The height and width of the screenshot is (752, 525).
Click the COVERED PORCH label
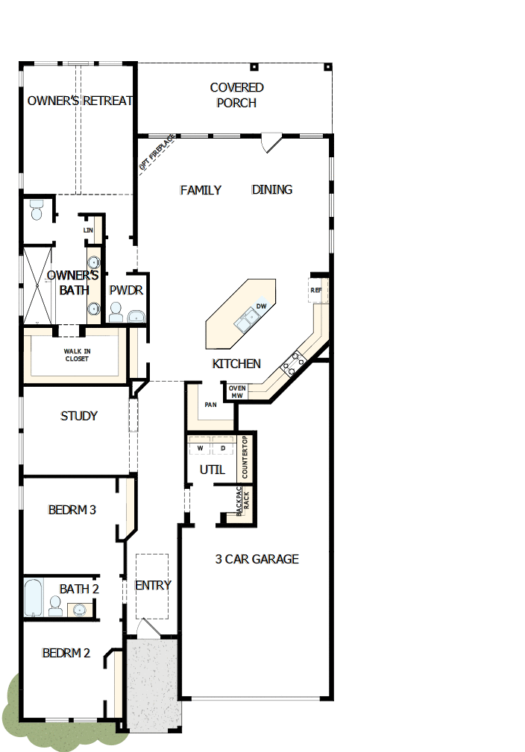236,95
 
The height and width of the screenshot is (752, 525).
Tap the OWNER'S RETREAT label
79,101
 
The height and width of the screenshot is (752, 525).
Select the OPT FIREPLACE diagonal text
157,154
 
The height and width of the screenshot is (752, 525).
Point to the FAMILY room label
201,190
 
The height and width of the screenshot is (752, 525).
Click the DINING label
271,190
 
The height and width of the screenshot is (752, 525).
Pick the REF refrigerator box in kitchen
316,290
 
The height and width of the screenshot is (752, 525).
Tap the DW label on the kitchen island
261,306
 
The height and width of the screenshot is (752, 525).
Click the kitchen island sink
247,321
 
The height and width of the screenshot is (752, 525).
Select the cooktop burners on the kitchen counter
292,363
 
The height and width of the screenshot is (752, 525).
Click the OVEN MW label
237,392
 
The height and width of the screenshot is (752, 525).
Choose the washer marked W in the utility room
201,448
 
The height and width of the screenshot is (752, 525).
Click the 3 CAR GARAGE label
257,559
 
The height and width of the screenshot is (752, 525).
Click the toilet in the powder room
116,313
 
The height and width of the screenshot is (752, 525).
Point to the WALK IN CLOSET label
76,355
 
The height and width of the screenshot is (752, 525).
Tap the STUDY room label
79,416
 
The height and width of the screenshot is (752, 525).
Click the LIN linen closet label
87,230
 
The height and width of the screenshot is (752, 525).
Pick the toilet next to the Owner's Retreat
36,212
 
